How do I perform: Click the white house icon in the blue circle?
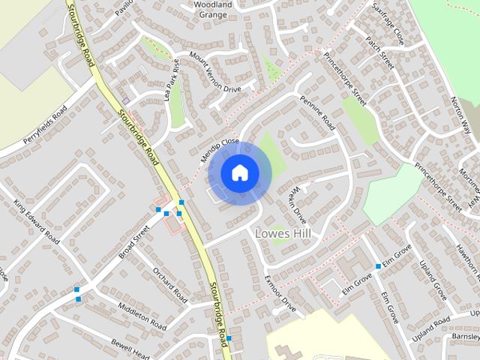click(x=239, y=173)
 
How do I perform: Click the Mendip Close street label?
click(x=220, y=151)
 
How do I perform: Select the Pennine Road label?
click(x=317, y=109)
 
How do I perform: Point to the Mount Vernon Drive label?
click(x=215, y=72)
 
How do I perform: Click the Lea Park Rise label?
click(x=173, y=79)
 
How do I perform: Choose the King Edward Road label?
click(x=36, y=221)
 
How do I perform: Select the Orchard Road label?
click(x=169, y=282)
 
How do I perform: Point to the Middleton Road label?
click(x=142, y=316)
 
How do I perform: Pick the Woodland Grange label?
click(x=212, y=8)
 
